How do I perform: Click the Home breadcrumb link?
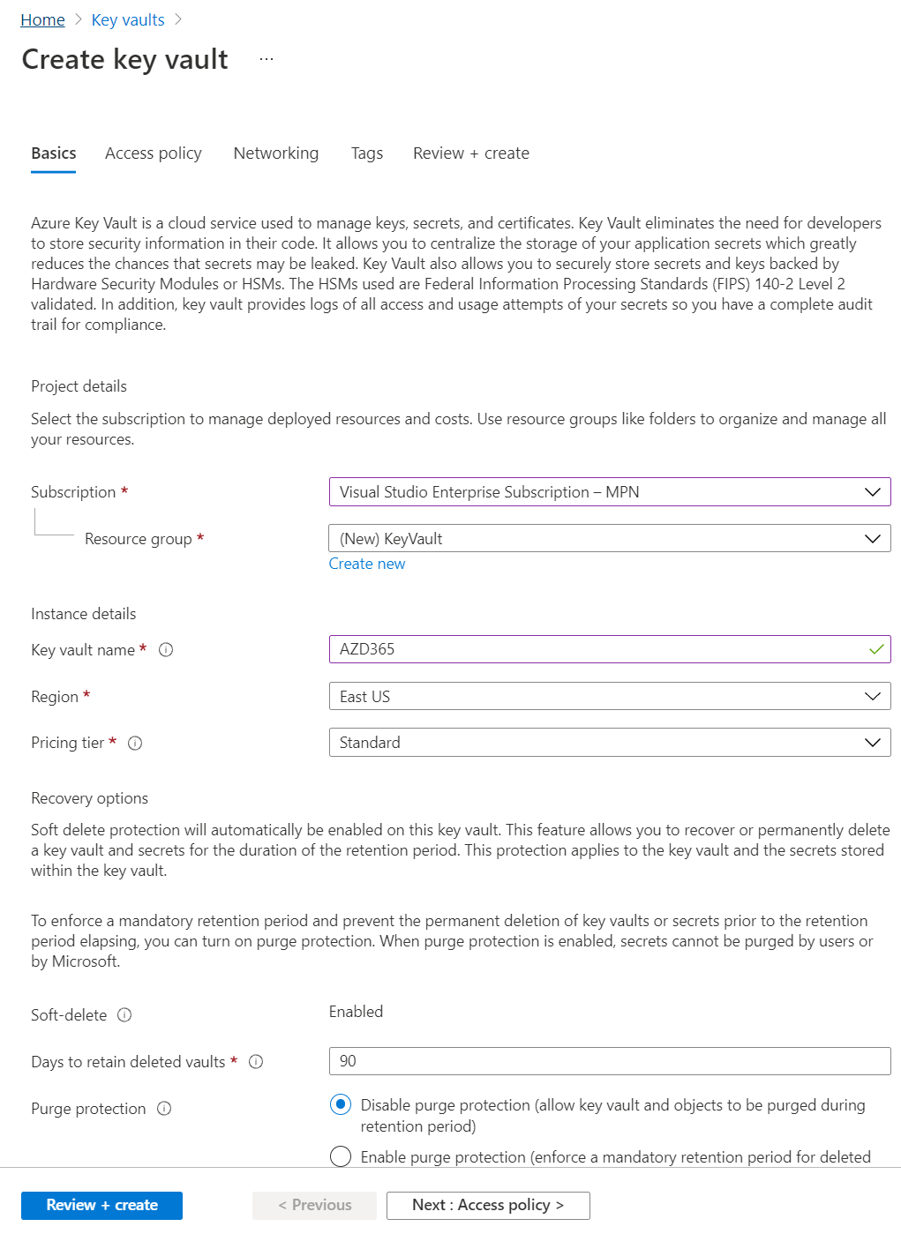click(42, 19)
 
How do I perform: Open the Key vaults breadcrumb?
click(128, 19)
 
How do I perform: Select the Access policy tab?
click(154, 153)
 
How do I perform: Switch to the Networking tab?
click(276, 153)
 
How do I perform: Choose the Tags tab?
click(367, 153)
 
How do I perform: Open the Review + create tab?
click(471, 153)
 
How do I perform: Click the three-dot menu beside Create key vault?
click(267, 59)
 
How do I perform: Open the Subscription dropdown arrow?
click(872, 492)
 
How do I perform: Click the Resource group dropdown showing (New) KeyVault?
click(609, 539)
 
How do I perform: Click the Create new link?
click(367, 564)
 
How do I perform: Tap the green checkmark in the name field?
click(876, 649)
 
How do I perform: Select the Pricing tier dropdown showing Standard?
click(609, 743)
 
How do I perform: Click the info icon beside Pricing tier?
click(135, 744)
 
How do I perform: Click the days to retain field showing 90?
click(609, 1061)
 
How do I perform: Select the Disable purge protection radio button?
click(341, 1105)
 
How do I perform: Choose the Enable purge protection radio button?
click(341, 1156)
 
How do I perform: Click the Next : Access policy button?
click(488, 1205)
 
